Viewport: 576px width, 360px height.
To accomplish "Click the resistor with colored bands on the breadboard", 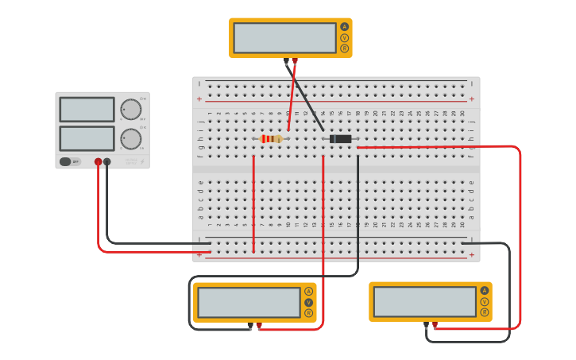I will click(271, 139).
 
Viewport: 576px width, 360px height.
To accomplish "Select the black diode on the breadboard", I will click(340, 139).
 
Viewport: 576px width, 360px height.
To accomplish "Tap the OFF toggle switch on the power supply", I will click(70, 161).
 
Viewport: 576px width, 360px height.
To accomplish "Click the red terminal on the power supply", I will click(98, 161).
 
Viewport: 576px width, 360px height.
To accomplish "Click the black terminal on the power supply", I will click(107, 161).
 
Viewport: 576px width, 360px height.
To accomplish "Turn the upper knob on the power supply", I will click(130, 110).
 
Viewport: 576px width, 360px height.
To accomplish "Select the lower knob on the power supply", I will click(130, 139).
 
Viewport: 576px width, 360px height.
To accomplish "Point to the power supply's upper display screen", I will click(87, 109).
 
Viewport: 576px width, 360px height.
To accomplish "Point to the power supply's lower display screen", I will click(87, 138).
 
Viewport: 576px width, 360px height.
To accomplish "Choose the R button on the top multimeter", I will click(344, 48).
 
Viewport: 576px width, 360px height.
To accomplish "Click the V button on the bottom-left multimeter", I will click(308, 302).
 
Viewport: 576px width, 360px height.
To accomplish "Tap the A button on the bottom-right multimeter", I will click(484, 291).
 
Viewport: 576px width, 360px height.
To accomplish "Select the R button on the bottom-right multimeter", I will click(484, 312).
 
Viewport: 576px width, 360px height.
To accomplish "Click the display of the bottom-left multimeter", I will click(249, 302).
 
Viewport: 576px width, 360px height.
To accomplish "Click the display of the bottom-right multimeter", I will click(424, 301).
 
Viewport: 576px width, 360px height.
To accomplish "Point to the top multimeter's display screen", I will click(284, 37).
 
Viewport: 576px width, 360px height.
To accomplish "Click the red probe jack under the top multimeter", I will click(295, 60).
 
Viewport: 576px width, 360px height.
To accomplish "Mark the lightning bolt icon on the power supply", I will click(142, 161).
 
